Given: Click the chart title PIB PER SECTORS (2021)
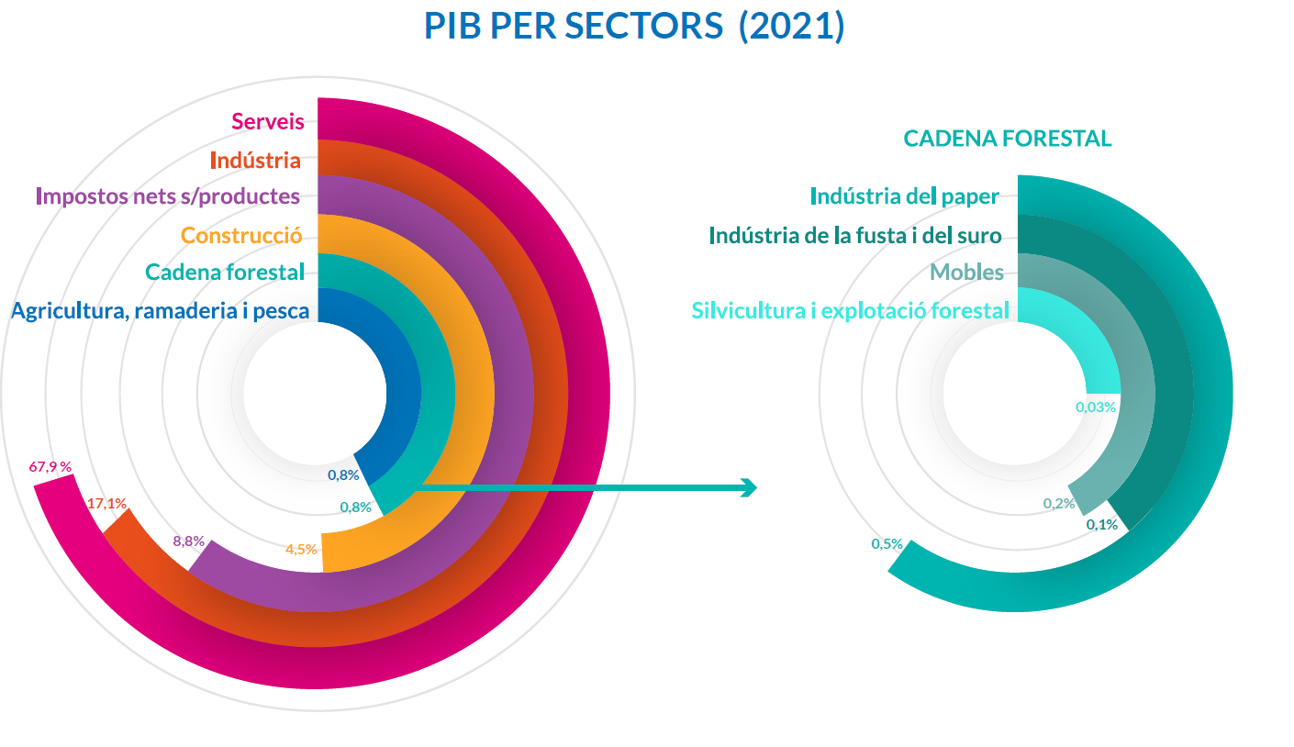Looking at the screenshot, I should [x=634, y=27].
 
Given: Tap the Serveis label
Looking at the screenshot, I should [x=267, y=121].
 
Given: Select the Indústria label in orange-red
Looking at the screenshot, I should [x=255, y=161].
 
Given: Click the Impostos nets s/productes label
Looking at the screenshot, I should [x=168, y=196].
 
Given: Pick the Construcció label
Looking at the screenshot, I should [x=241, y=235].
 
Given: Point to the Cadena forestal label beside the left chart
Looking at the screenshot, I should [x=225, y=273].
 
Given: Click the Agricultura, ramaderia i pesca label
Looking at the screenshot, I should [x=161, y=311].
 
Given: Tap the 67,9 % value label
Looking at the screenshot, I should [x=50, y=467].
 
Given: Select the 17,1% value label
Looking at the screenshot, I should [x=106, y=503].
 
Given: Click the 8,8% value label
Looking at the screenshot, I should [x=188, y=541].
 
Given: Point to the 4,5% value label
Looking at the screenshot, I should [x=301, y=550].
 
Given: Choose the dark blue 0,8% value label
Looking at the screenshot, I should [x=343, y=474].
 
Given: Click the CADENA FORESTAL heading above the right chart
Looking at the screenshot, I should [x=1007, y=139].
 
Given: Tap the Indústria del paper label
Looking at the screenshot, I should [x=904, y=197].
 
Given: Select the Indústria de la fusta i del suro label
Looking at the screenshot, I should [x=854, y=236].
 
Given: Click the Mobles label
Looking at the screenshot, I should [x=966, y=273].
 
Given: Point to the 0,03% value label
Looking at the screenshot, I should [x=1095, y=407].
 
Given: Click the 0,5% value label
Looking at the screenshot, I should [x=887, y=544].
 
